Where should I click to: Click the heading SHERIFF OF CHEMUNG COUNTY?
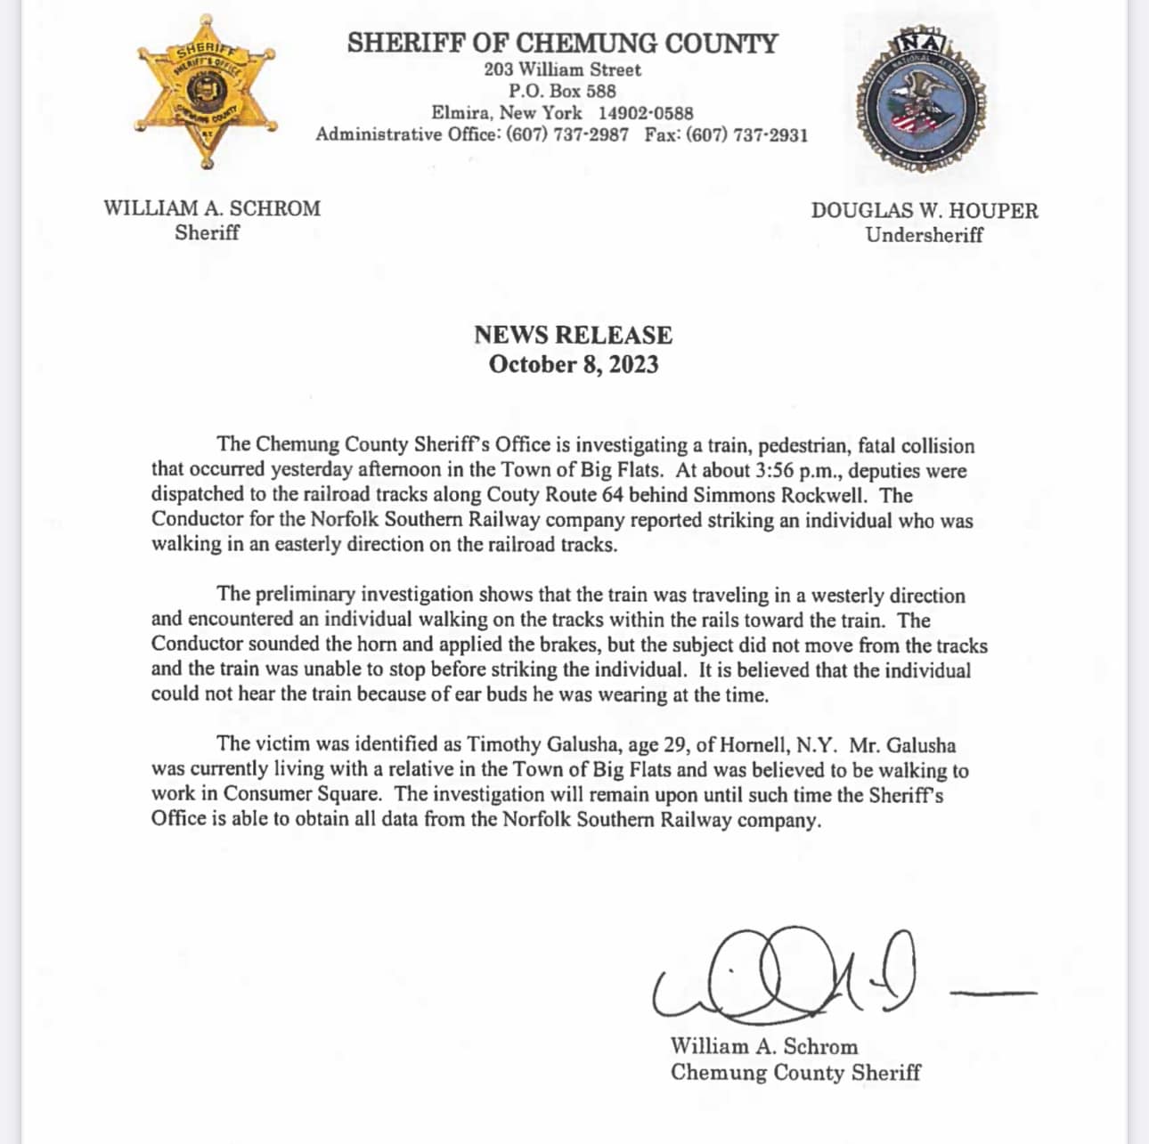tap(562, 43)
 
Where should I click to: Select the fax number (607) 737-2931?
tap(747, 135)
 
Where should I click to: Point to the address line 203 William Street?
tap(562, 69)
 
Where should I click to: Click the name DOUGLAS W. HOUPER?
tap(924, 211)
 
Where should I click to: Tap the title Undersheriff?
tap(924, 235)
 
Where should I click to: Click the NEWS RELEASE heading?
tap(573, 335)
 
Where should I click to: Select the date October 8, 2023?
tap(573, 364)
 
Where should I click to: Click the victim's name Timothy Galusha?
tap(541, 744)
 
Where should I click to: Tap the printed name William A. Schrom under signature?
tap(763, 1046)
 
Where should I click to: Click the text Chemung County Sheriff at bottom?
tap(795, 1072)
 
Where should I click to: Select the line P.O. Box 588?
tap(562, 91)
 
